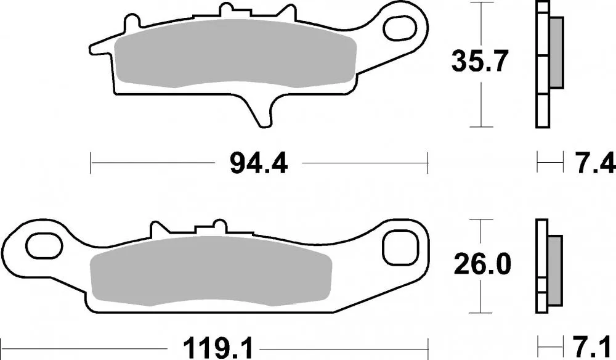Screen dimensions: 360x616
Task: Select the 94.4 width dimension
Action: (258, 164)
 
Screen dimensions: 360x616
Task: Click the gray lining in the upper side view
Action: (556, 52)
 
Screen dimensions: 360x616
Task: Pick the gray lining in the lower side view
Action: (554, 270)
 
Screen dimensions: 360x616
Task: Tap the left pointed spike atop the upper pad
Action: (130, 25)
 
